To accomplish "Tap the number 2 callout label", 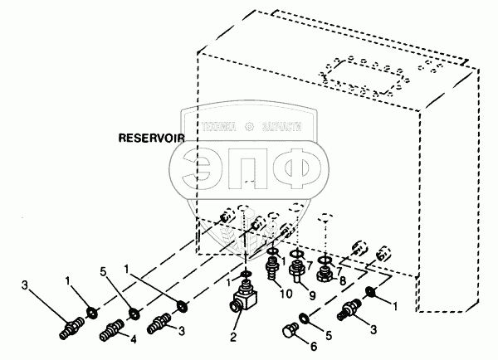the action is click(x=233, y=338).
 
